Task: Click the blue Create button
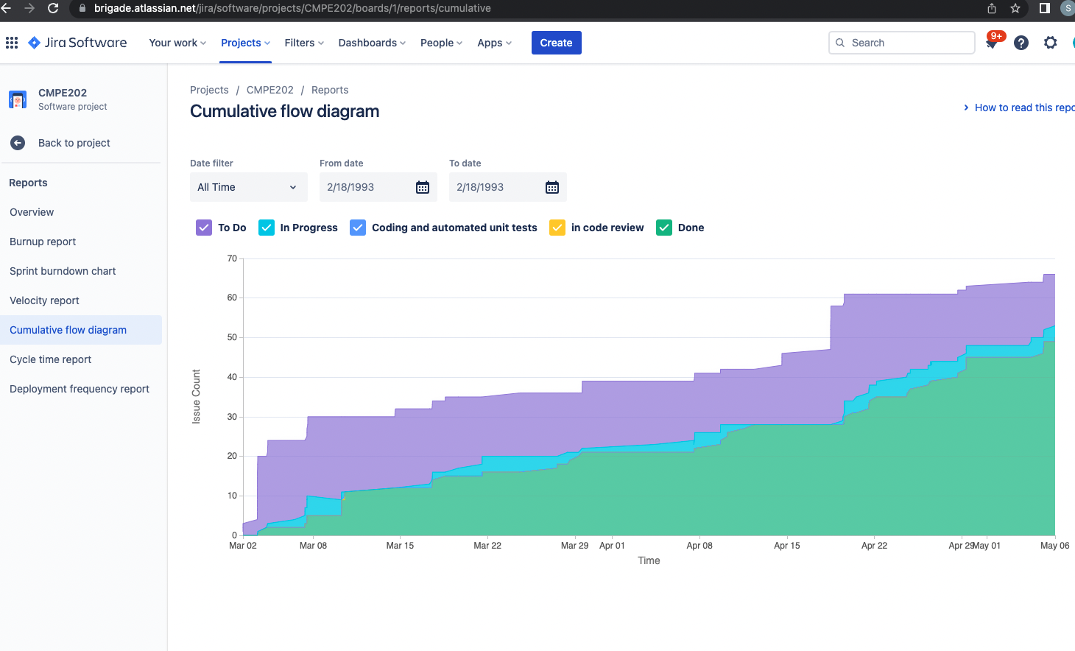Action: coord(556,43)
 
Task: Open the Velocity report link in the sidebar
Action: coord(44,300)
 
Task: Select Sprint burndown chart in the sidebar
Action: coord(63,271)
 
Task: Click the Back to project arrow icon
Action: coord(18,143)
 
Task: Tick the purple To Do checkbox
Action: coord(204,228)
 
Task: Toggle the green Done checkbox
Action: coord(664,228)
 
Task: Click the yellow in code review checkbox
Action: coord(557,228)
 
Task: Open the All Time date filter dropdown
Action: coord(248,187)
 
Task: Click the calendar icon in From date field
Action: coord(423,187)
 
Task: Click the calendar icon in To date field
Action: coord(552,187)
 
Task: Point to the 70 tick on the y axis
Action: coord(232,258)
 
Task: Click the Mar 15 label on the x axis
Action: coord(400,546)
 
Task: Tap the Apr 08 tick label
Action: coord(699,546)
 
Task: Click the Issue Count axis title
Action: coord(196,396)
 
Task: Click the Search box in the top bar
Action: coord(902,43)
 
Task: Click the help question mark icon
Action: coord(1021,43)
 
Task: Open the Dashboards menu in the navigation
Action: coord(372,43)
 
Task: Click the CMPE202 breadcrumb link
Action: coord(269,90)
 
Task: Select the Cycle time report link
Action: coord(50,359)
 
